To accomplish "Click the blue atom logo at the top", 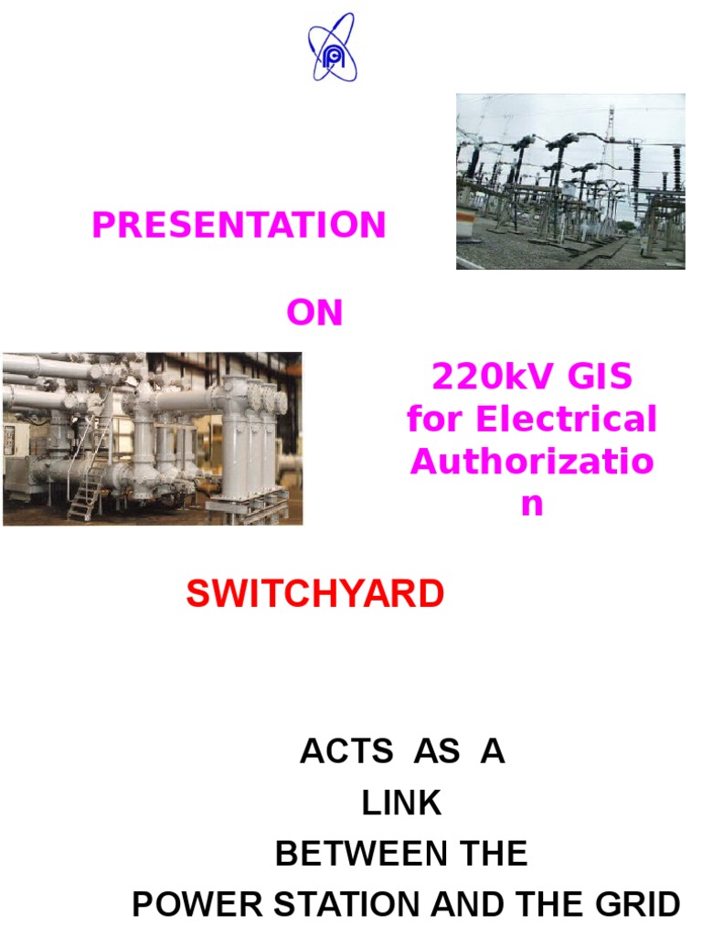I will [x=332, y=47].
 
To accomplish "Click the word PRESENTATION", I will [x=239, y=225].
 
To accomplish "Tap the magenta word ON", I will [x=314, y=314].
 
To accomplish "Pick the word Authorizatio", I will [x=532, y=462].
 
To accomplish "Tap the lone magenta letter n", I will [x=531, y=504].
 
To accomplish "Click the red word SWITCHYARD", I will [x=315, y=595].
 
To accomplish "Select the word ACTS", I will [x=339, y=752].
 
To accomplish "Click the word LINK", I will [x=401, y=803].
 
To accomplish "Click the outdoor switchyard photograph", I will [x=570, y=181].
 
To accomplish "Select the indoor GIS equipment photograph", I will [x=152, y=439].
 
